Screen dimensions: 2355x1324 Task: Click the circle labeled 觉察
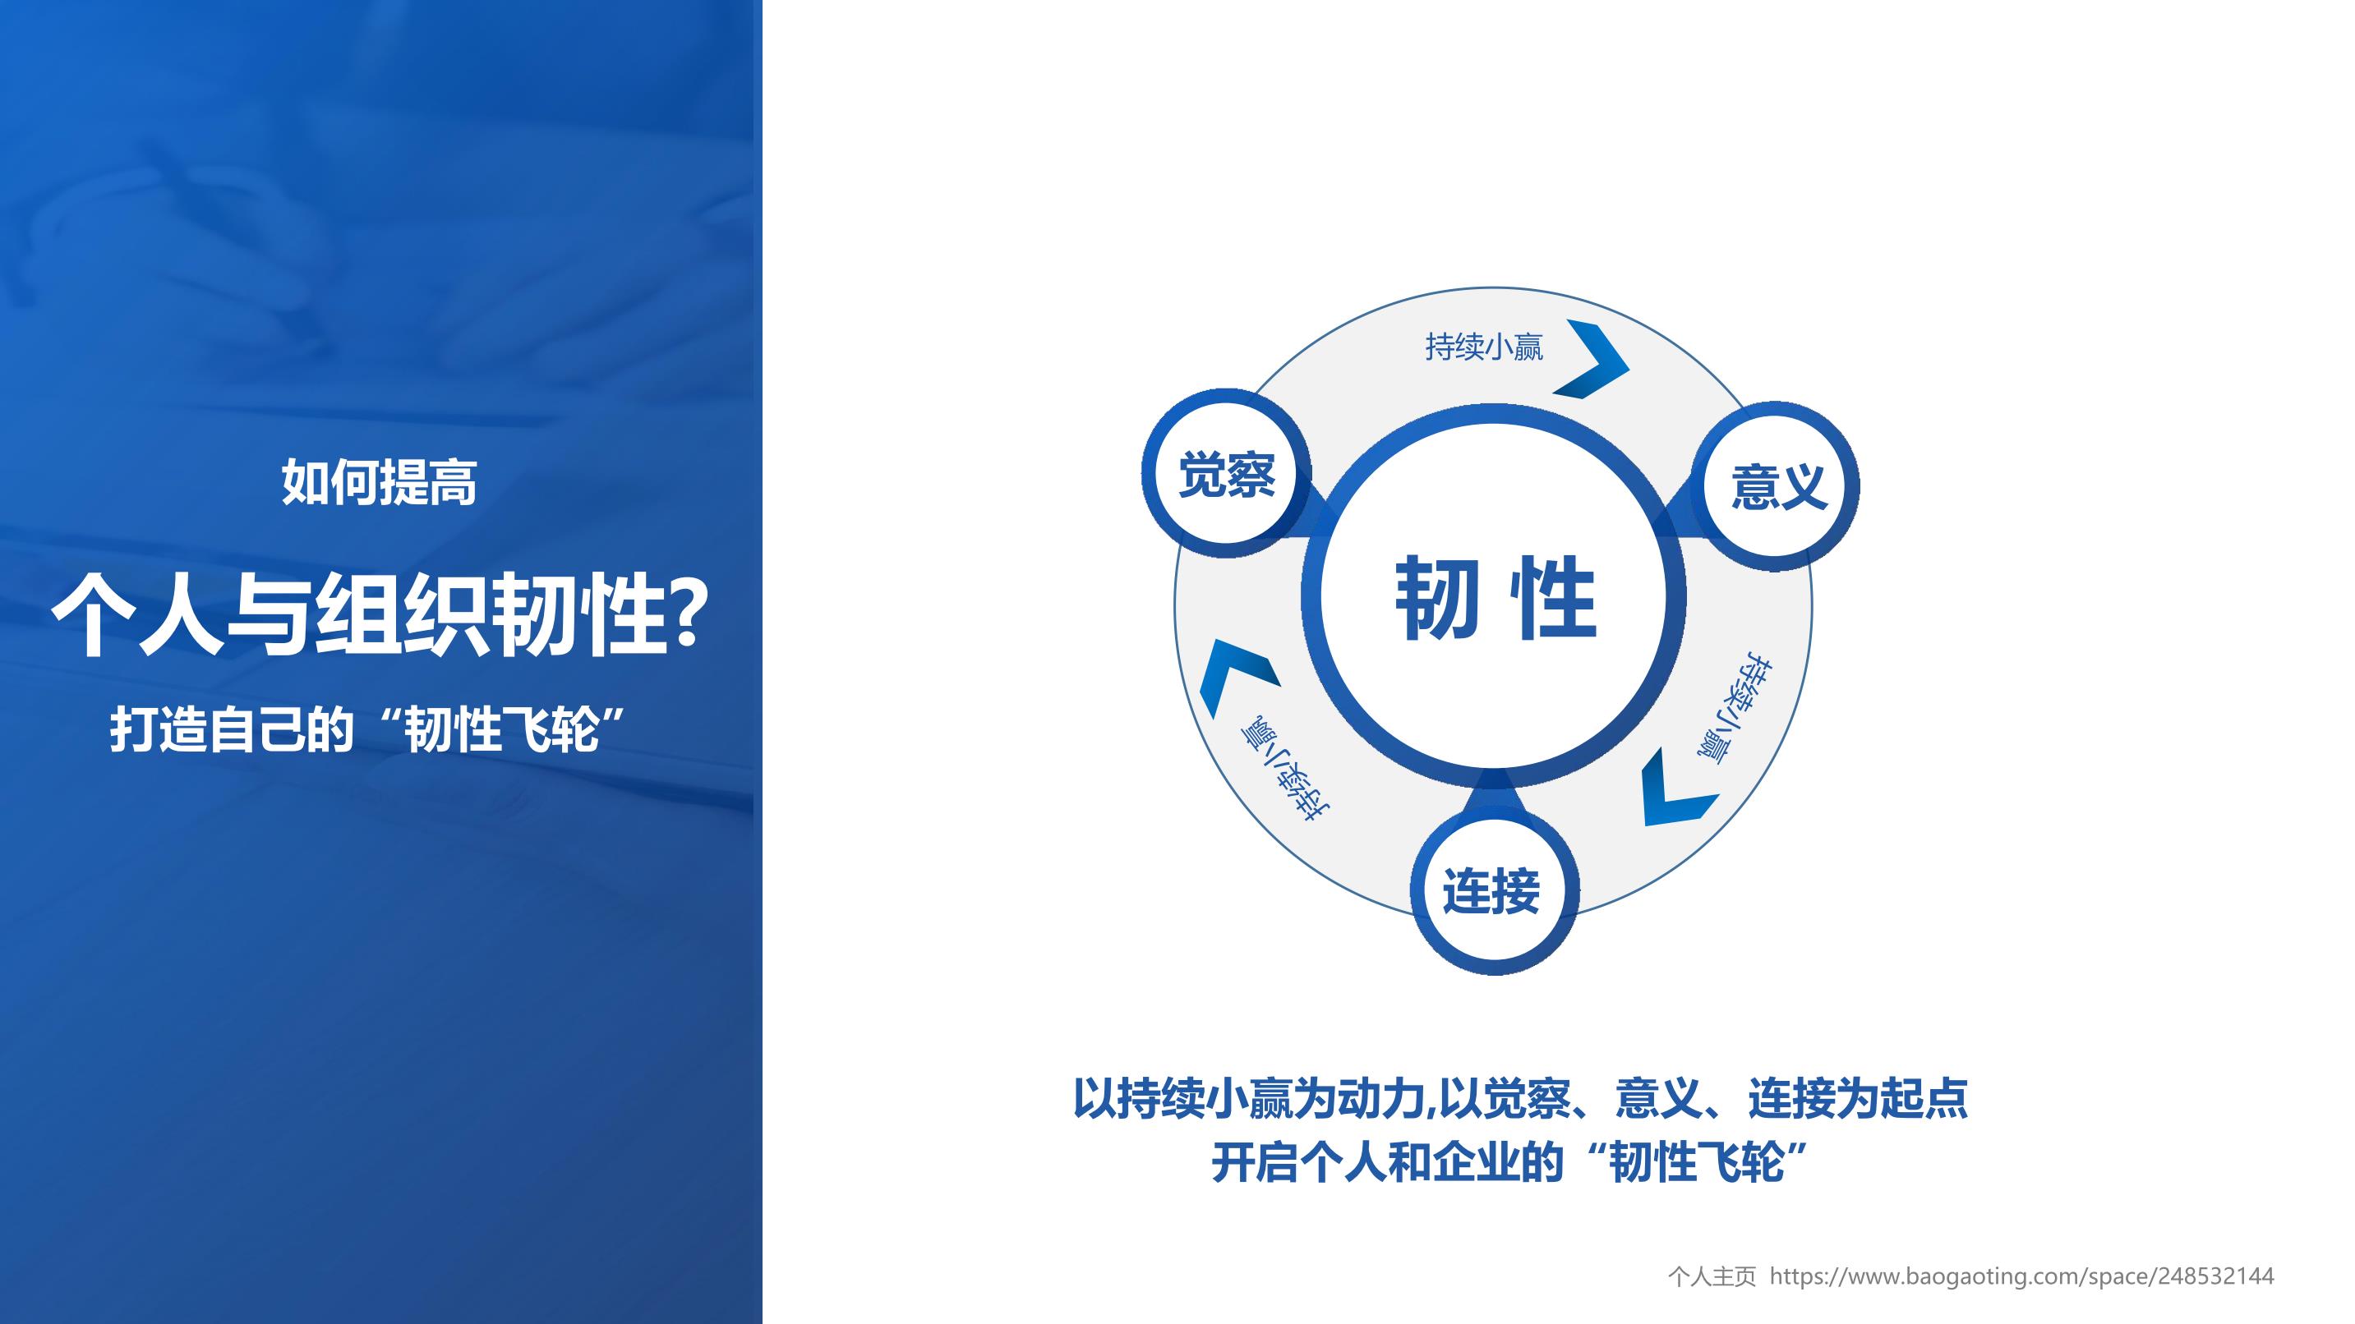tap(1226, 473)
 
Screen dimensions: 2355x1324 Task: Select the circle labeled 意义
tap(1776, 485)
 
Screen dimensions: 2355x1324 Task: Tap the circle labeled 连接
tap(1493, 891)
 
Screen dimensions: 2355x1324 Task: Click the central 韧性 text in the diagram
tap(1495, 598)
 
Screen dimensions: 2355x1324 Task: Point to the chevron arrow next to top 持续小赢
tap(1592, 359)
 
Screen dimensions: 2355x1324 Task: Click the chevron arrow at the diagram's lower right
tap(1678, 788)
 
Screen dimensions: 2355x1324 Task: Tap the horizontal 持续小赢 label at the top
tap(1484, 347)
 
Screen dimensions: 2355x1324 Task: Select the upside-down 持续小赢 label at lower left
tap(1284, 765)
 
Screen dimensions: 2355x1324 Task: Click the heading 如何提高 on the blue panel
tap(380, 481)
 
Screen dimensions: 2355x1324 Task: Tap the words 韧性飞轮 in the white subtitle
tap(502, 729)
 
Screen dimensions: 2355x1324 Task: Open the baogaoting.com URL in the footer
tap(2022, 1276)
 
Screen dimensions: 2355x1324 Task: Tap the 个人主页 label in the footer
tap(1712, 1276)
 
